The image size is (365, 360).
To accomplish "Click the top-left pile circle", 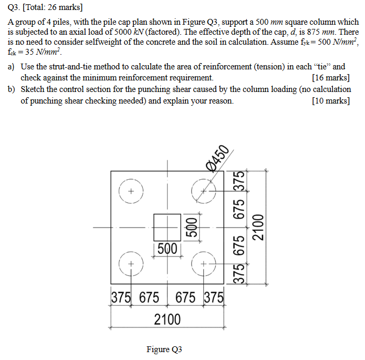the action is pos(132,190).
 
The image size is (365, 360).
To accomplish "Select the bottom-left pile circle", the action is pos(132,262).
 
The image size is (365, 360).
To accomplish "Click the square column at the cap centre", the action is pos(168,227).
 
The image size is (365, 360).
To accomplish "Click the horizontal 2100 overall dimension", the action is pos(168,319).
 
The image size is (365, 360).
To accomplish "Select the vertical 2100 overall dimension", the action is pos(258,227).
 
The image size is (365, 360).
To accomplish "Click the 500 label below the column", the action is pos(167,249).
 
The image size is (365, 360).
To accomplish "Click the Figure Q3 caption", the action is pos(164,349).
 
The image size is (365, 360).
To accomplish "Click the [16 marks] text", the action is pos(330,78).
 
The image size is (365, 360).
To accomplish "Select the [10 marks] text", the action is pos(330,100).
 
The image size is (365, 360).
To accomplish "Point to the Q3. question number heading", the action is pos(15,7).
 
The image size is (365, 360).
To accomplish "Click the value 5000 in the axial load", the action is pos(124,32).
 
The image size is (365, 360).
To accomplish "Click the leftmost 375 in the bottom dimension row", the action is pos(121,297).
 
